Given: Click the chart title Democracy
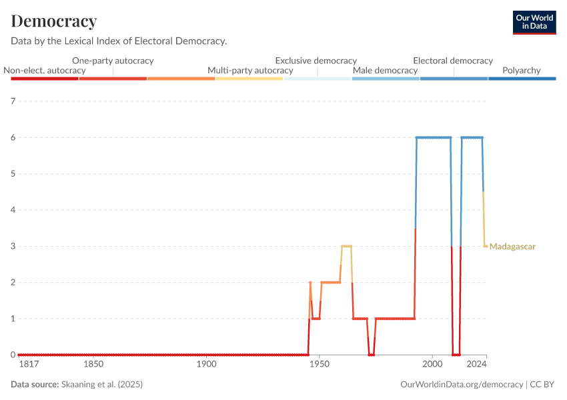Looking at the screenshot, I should (54, 21).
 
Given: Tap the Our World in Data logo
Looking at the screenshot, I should (534, 22).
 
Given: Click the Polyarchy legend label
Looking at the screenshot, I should (522, 70).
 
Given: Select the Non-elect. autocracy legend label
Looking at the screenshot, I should (45, 70).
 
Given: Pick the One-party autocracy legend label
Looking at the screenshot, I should (113, 60).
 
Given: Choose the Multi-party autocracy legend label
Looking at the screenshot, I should (250, 70).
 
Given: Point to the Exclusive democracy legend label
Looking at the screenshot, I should (316, 60).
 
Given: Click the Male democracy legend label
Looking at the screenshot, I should (385, 70).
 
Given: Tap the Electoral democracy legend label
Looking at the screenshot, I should (453, 60).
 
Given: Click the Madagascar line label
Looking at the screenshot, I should (512, 247).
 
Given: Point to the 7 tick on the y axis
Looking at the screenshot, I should (13, 101).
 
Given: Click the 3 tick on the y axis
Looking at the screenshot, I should (13, 246).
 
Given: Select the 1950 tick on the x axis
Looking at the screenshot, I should (320, 365).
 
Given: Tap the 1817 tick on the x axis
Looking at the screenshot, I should (28, 365).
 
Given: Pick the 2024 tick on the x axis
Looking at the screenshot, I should (476, 365).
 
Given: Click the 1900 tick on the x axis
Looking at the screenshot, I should (207, 365).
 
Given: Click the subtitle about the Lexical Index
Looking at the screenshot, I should (119, 41).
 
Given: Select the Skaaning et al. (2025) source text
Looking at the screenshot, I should (102, 385).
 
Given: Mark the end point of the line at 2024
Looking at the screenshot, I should (486, 246).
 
